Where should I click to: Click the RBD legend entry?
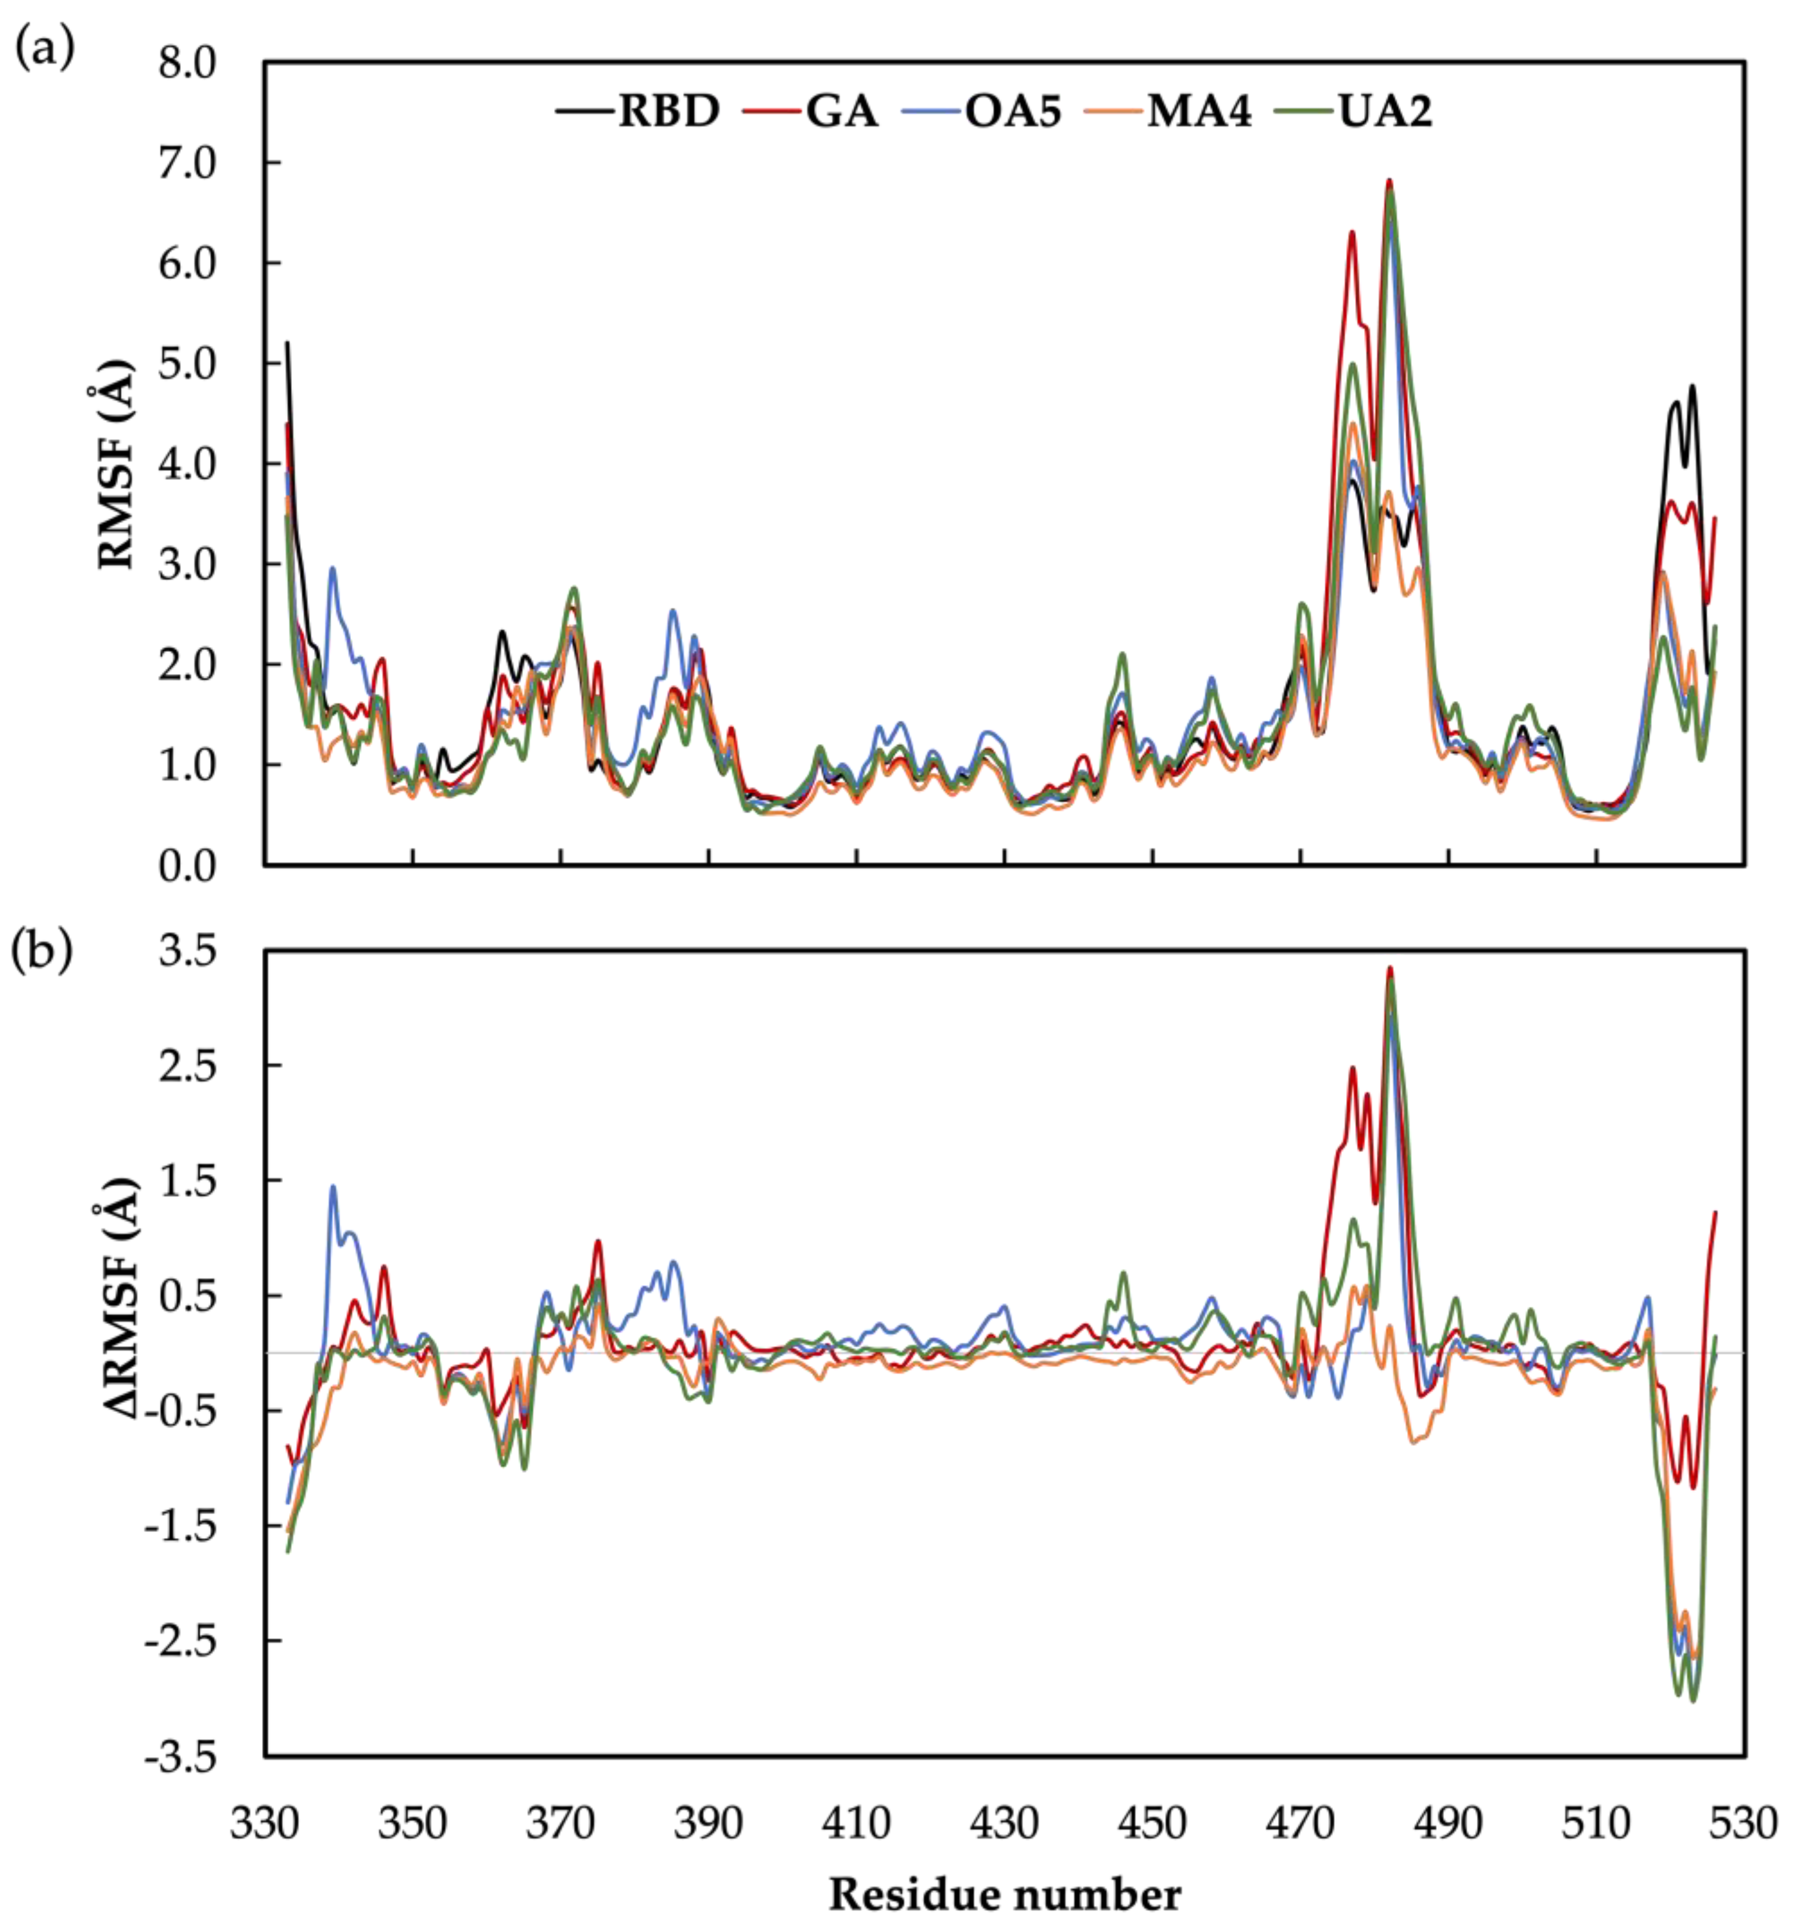pyautogui.click(x=669, y=112)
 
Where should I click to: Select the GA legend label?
pyautogui.click(x=841, y=112)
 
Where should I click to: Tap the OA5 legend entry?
pyautogui.click(x=1012, y=112)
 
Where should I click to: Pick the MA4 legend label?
pyautogui.click(x=1198, y=112)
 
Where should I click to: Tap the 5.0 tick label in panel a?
pyautogui.click(x=188, y=364)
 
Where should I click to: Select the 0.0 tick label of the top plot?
pyautogui.click(x=188, y=865)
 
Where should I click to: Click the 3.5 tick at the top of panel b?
pyautogui.click(x=188, y=952)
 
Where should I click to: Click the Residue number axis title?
pyautogui.click(x=1005, y=1894)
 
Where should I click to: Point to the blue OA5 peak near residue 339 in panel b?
pyautogui.click(x=333, y=1187)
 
